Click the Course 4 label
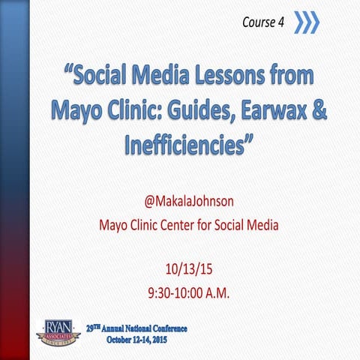click(x=262, y=22)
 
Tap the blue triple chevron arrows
click(x=306, y=22)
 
